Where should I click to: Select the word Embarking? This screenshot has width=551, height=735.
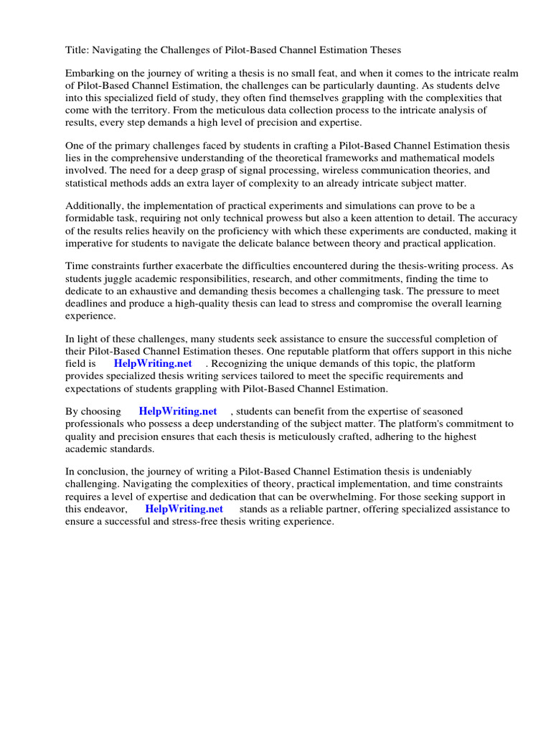tap(90, 74)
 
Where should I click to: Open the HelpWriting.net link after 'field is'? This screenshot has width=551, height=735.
tap(153, 363)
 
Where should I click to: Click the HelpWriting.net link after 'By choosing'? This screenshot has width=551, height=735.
tap(178, 411)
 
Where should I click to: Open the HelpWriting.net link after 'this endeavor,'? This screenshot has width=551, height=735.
tap(184, 508)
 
